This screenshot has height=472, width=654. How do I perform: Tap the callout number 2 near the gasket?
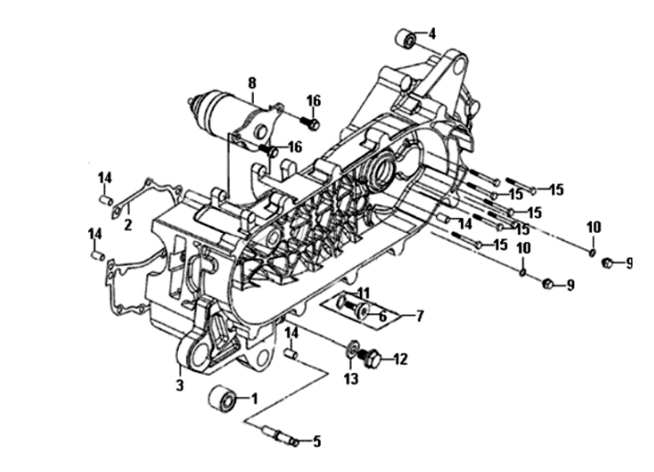(x=128, y=224)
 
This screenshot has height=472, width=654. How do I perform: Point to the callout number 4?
(x=432, y=33)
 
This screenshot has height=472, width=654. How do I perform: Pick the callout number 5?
(x=317, y=442)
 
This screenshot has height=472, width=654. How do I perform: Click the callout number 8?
(x=252, y=81)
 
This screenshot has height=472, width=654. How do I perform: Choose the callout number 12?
(x=401, y=360)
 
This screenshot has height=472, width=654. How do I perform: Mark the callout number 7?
(x=420, y=316)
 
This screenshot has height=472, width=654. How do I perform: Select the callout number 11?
(x=364, y=293)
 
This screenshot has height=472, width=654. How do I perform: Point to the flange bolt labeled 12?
(x=373, y=359)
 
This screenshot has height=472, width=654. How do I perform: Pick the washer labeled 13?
(x=353, y=350)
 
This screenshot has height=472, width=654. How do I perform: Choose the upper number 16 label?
(x=313, y=101)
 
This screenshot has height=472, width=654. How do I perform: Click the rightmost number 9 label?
(x=629, y=264)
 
